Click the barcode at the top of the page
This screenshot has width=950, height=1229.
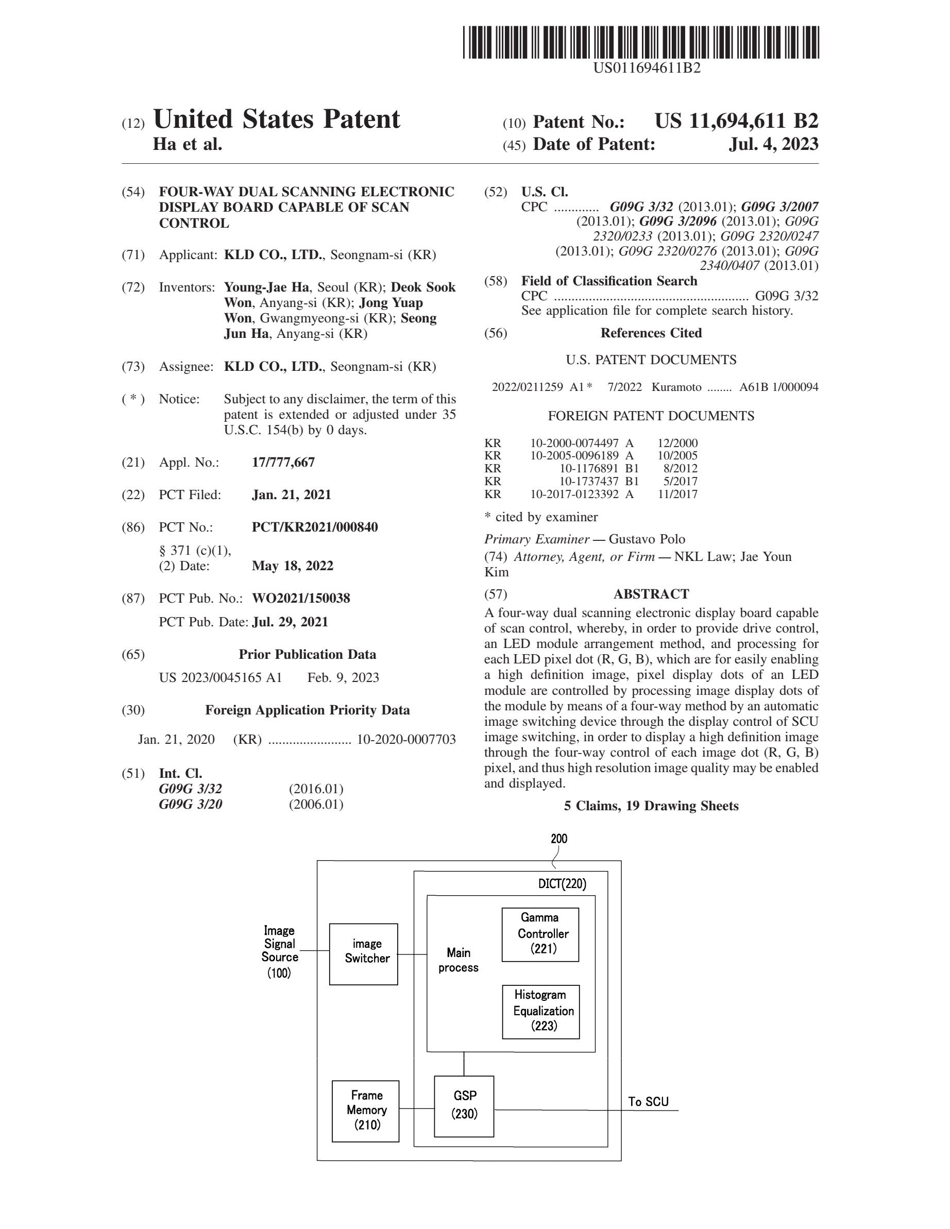pos(640,42)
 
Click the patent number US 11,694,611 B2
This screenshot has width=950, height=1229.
pos(736,121)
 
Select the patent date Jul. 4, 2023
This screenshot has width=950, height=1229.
pos(773,145)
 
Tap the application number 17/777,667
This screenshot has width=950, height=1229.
pos(283,463)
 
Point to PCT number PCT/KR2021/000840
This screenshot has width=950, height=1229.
pos(315,527)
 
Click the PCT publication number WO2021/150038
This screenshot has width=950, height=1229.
pos(300,598)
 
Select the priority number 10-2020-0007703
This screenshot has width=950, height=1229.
pos(406,740)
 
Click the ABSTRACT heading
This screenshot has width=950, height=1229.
pos(651,594)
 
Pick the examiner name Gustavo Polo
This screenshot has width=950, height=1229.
pos(647,539)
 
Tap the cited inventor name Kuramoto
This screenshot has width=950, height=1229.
pos(676,387)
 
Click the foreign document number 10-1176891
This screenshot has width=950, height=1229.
pos(589,468)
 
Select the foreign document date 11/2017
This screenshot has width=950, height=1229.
pos(677,494)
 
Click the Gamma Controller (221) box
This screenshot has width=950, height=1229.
pos(540,935)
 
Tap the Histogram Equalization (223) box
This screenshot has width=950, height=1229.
pos(541,1012)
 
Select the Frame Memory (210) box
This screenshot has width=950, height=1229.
pos(366,1111)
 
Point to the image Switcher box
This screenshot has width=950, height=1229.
pos(364,954)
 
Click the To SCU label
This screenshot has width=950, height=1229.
pos(648,1102)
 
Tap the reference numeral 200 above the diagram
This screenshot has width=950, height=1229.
pos(559,839)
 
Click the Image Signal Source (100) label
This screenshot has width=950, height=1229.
pos(279,951)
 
